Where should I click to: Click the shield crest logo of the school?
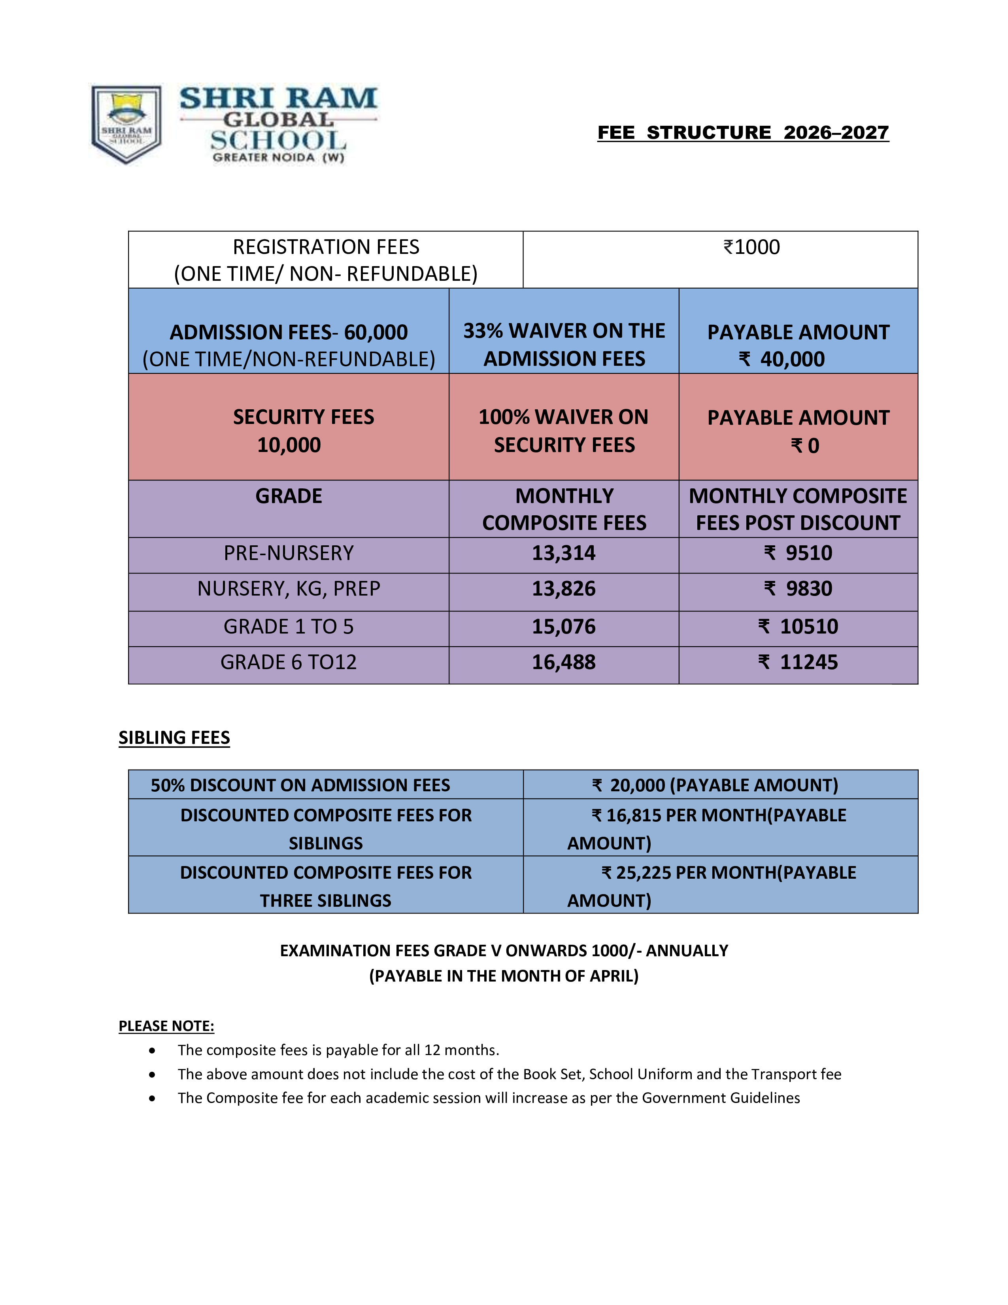(x=126, y=124)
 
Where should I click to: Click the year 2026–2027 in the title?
(x=836, y=132)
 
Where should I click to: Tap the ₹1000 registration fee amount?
(x=751, y=247)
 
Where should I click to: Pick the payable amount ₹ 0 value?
(x=805, y=446)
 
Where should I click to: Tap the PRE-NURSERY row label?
(x=289, y=553)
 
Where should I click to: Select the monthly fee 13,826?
(x=564, y=589)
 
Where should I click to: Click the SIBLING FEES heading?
(x=174, y=738)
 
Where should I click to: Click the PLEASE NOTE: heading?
(x=166, y=1026)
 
